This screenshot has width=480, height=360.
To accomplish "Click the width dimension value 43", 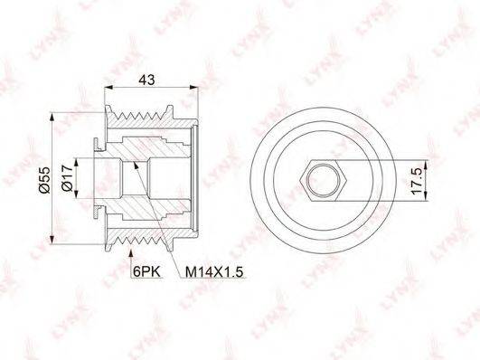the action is pos(147,80).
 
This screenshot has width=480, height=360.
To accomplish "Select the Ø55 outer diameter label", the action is pos(44,180).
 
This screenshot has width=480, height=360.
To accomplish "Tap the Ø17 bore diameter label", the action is pos(67,177).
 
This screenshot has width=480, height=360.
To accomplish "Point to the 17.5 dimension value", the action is pos(417,181).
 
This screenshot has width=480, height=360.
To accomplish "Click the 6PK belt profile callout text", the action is pos(147,271).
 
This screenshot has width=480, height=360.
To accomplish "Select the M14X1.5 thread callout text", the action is pos(214,271).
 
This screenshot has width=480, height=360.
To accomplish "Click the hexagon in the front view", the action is pos(324,180).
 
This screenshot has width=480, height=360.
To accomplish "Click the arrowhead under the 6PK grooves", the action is pos(131,254).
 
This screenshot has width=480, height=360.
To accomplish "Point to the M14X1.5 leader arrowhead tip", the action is pos(134,163).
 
